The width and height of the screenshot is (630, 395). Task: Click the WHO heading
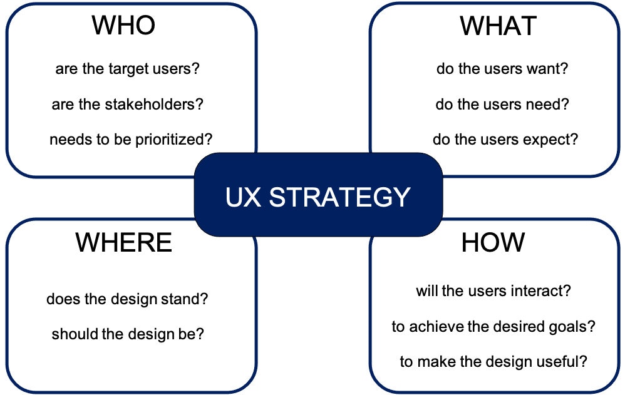pyautogui.click(x=123, y=25)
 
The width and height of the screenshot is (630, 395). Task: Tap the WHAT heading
pyautogui.click(x=498, y=26)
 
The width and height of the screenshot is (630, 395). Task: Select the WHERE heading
pyautogui.click(x=124, y=242)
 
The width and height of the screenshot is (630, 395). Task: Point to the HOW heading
pyautogui.click(x=493, y=242)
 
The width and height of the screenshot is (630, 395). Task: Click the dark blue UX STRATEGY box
pyautogui.click(x=318, y=195)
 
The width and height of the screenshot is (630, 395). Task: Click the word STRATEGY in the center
pyautogui.click(x=339, y=197)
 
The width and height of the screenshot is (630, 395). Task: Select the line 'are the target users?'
pyautogui.click(x=127, y=69)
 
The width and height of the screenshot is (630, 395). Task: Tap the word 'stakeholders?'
pyautogui.click(x=154, y=105)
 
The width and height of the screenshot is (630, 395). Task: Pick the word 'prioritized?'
pyautogui.click(x=173, y=140)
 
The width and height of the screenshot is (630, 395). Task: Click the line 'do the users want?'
pyautogui.click(x=502, y=69)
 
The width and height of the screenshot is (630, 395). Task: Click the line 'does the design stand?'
pyautogui.click(x=127, y=299)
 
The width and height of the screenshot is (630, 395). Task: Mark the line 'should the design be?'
pyautogui.click(x=128, y=334)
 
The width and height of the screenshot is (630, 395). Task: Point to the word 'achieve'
pyautogui.click(x=436, y=326)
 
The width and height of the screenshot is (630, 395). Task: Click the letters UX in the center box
pyautogui.click(x=243, y=197)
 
